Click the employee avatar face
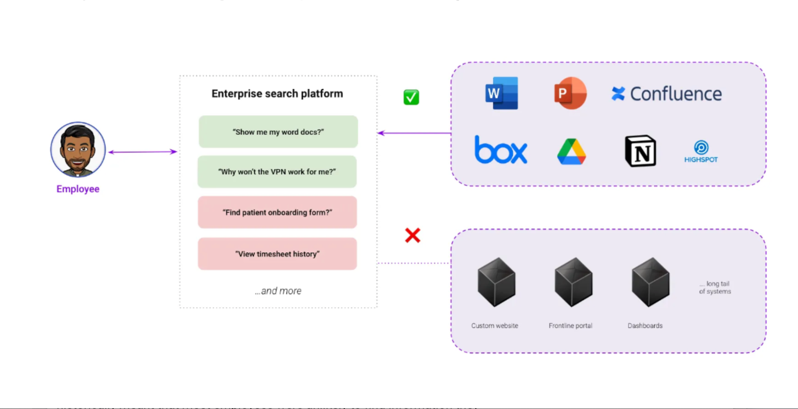(x=78, y=149)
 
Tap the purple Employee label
(x=78, y=189)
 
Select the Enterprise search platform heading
(x=277, y=94)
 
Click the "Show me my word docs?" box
(x=278, y=132)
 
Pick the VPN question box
(x=277, y=172)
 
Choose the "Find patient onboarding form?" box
(x=277, y=213)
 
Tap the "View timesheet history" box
(x=277, y=254)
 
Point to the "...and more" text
(x=278, y=291)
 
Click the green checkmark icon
(x=411, y=97)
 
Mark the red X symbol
(x=413, y=235)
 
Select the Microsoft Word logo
(x=501, y=93)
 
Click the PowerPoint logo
(x=570, y=93)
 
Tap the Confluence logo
(x=667, y=94)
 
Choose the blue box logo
(x=501, y=150)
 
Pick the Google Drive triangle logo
(x=571, y=152)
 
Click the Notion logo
(x=640, y=151)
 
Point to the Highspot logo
(x=701, y=152)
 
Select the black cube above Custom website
(x=496, y=282)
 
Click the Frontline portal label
(x=570, y=326)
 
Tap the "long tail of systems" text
(x=715, y=288)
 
